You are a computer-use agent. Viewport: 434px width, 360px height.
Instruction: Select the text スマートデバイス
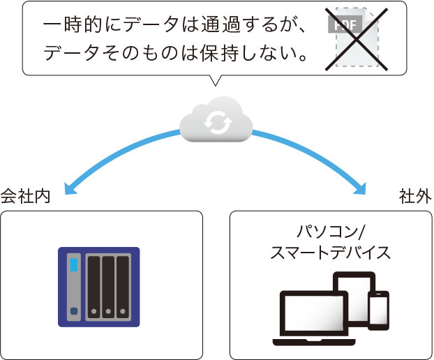(x=331, y=253)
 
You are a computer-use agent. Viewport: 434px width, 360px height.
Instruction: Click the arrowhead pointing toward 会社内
(x=69, y=186)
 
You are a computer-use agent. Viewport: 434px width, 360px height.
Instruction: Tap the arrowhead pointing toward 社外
(x=360, y=186)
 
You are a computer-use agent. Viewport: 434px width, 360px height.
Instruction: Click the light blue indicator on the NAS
(x=73, y=264)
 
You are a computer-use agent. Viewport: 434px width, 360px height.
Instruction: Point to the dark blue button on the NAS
(x=73, y=311)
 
